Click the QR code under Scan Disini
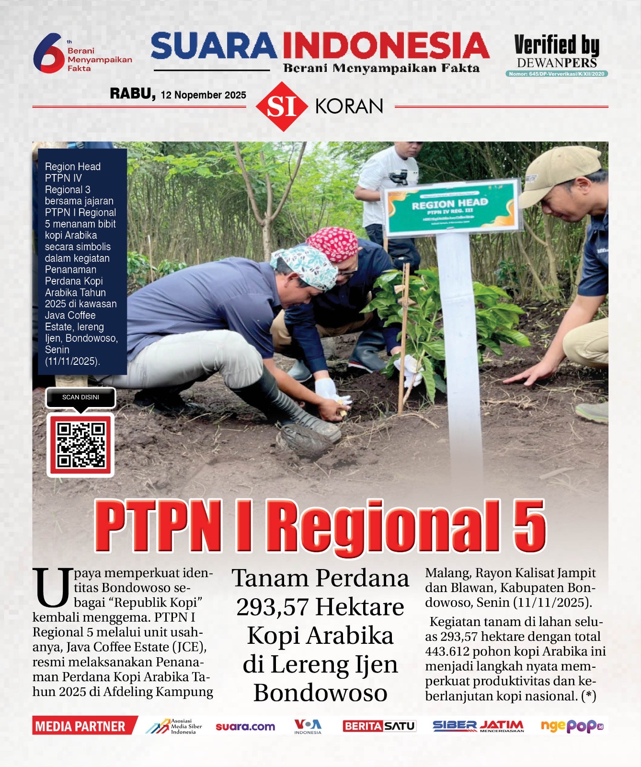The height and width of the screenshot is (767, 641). tap(80, 445)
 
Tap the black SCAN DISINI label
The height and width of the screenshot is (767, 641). tap(80, 397)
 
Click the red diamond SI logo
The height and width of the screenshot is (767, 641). tap(282, 106)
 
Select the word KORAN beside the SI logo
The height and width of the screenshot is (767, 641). tap(349, 106)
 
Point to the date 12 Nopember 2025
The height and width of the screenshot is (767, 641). tap(203, 95)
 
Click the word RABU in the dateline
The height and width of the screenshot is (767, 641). tap(132, 93)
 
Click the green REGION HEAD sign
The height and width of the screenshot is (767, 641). tap(451, 208)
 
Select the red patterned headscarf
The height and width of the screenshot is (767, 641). tap(334, 243)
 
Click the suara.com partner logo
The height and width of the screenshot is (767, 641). tap(245, 727)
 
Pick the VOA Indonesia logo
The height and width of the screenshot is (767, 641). tap(308, 726)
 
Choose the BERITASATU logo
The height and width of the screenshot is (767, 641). tap(379, 726)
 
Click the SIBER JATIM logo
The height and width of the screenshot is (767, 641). tap(478, 726)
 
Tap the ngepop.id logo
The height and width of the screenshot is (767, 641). tap(572, 726)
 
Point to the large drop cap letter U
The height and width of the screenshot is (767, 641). tap(52, 588)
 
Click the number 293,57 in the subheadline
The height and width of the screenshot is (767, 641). tap(272, 607)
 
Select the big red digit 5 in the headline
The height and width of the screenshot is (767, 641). tap(528, 526)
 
